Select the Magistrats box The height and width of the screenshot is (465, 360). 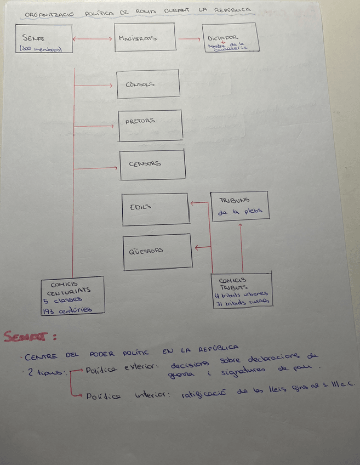145,38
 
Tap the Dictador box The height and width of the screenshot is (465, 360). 230,38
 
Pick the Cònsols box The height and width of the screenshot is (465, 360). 148,84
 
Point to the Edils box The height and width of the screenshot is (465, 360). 155,209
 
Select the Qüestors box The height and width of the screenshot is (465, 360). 157,252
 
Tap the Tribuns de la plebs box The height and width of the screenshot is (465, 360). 239,206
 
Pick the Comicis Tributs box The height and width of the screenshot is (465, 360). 241,290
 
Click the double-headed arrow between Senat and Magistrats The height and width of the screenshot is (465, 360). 93,38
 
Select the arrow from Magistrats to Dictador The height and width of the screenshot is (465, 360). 189,39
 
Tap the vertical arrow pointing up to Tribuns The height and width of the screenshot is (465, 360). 241,247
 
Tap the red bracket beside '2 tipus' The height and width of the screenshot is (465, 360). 73,382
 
